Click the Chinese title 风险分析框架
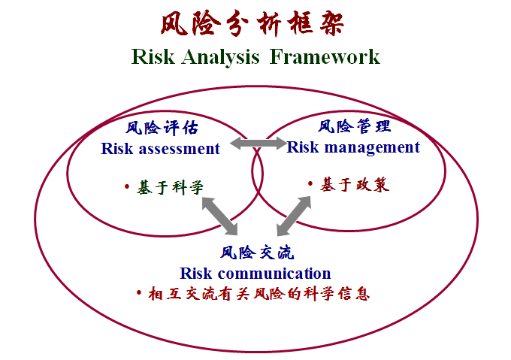(252, 23)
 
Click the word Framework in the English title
(325, 56)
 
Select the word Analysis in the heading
(221, 58)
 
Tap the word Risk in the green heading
(153, 56)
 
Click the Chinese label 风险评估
(162, 128)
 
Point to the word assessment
(180, 149)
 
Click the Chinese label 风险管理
(354, 126)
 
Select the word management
(372, 148)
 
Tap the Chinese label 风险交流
(257, 253)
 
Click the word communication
(274, 274)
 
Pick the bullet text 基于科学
(170, 187)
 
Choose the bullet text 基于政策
(355, 185)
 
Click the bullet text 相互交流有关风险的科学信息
(259, 294)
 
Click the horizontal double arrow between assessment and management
(258, 144)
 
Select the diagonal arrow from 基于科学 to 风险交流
(219, 216)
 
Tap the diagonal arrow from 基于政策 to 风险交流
(294, 216)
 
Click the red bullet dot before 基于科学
(127, 186)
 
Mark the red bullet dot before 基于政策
(310, 183)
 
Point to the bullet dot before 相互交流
(139, 292)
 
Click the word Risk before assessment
(117, 149)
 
